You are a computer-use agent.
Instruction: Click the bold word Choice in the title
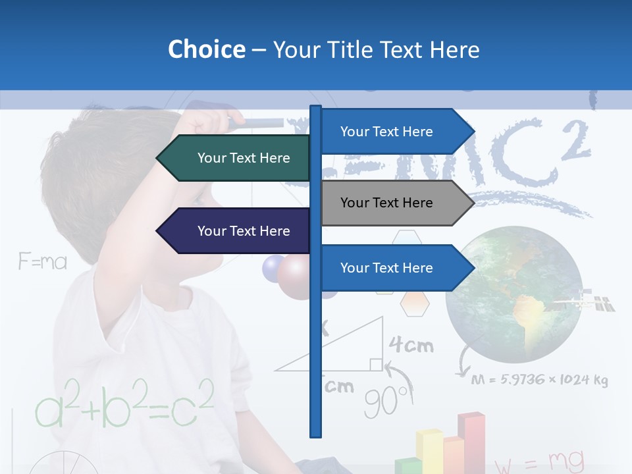[206, 49]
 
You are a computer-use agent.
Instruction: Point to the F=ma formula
[43, 262]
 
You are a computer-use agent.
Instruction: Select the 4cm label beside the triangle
[411, 344]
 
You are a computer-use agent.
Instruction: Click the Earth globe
[513, 295]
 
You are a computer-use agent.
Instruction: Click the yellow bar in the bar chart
[429, 452]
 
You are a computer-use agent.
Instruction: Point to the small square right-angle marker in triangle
[375, 364]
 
